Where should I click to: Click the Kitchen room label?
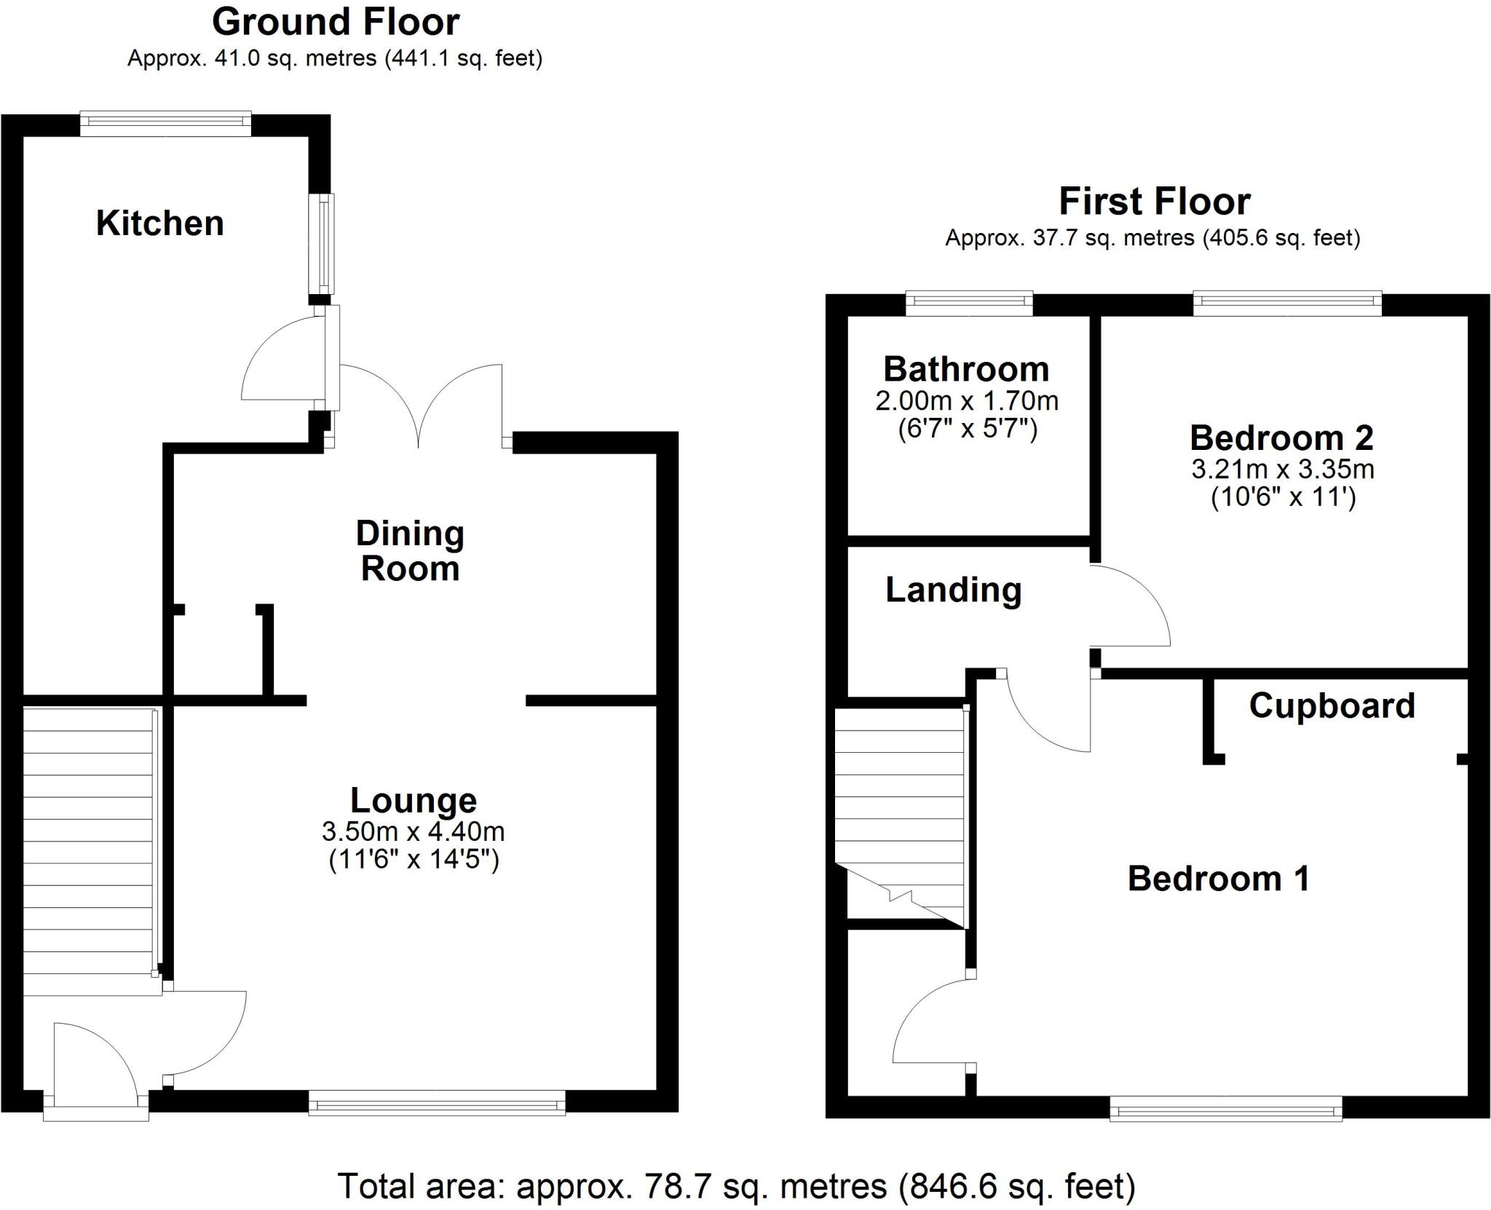point(159,223)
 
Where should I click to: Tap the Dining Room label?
point(410,551)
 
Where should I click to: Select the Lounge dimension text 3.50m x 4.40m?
point(413,831)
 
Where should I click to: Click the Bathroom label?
point(966,369)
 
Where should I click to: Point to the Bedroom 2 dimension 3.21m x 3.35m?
point(1282,469)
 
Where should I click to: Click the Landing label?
point(953,590)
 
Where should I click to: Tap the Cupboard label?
point(1332,705)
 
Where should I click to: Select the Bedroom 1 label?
point(1218,879)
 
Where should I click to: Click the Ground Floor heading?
point(336,22)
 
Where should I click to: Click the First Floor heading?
point(1154,202)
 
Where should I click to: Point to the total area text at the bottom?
point(736,1186)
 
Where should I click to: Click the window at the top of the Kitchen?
point(165,123)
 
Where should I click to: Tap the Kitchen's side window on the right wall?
point(322,243)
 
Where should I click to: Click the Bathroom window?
point(969,303)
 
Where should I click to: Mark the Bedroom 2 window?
point(1286,303)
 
